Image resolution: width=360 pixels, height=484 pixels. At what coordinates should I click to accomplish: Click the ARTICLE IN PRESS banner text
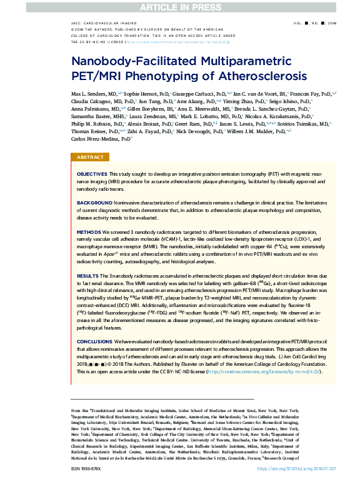point(180,7)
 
